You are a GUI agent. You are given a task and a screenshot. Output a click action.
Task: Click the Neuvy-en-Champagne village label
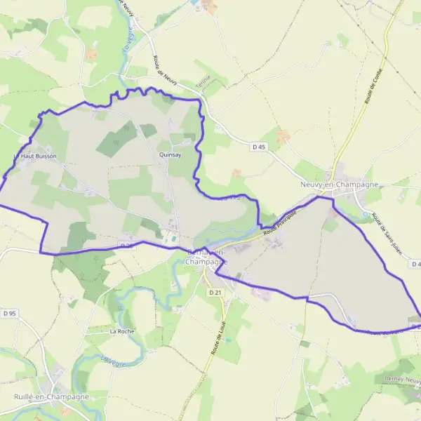339,185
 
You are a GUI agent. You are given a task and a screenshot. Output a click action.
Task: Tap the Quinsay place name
171,155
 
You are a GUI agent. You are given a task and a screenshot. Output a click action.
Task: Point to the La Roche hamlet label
121,330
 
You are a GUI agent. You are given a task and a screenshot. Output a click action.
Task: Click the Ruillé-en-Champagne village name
51,396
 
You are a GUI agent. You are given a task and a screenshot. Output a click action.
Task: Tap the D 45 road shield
259,147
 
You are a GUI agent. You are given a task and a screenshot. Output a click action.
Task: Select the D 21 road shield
214,292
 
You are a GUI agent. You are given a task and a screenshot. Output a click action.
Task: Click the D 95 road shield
9,313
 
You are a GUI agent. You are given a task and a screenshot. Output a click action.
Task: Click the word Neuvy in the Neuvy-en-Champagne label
312,185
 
